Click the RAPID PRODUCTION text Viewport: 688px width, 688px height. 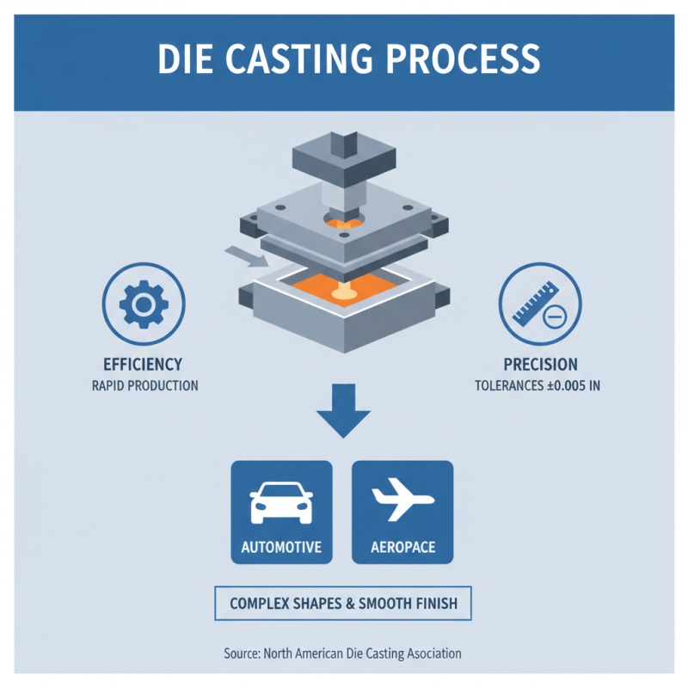144,385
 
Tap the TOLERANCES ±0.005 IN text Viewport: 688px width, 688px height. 537,386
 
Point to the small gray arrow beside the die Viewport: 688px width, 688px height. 239,255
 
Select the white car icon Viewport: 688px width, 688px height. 281,503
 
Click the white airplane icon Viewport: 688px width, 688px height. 402,503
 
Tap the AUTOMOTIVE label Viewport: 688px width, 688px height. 281,547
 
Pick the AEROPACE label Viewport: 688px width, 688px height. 402,547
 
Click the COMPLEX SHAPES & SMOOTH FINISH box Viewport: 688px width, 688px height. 343,604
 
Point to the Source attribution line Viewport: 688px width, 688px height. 343,654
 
